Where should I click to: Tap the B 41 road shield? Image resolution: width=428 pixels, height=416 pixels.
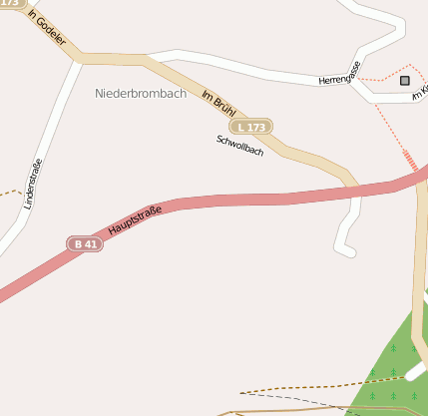click(85, 243)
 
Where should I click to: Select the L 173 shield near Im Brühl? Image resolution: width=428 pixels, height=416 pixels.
click(251, 127)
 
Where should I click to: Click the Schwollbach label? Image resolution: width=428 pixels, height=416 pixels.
click(239, 146)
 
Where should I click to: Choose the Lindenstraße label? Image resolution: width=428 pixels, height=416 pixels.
click(32, 185)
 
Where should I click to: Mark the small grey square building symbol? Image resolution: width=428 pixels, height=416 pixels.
click(405, 80)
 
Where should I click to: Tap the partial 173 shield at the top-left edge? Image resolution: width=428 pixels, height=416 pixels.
click(10, 3)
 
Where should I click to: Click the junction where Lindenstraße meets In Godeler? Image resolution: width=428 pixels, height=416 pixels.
click(78, 60)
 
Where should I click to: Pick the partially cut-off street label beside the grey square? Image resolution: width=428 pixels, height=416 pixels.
click(422, 91)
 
